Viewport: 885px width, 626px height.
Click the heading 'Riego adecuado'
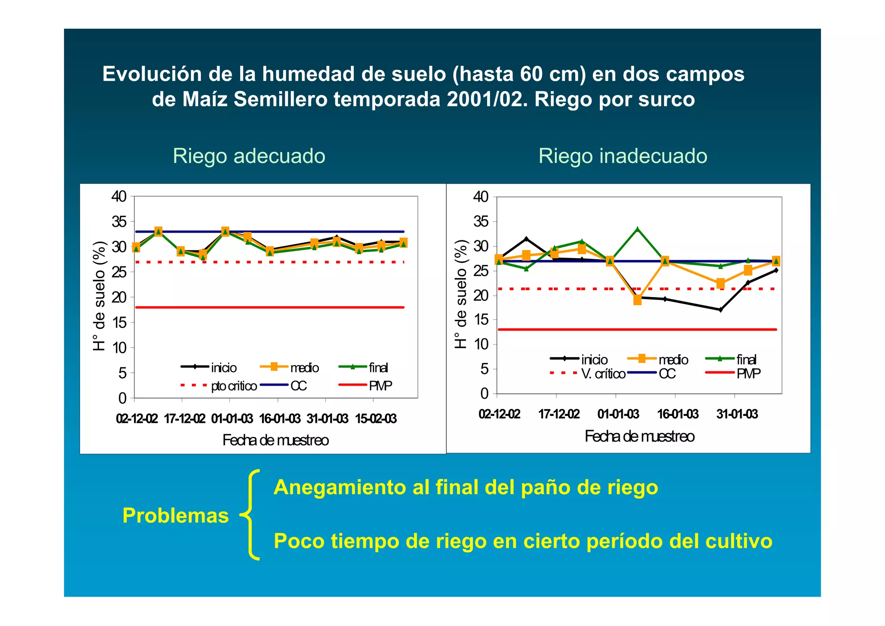coord(249,156)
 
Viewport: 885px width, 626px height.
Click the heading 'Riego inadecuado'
coord(623,156)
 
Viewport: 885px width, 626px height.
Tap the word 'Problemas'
coord(175,515)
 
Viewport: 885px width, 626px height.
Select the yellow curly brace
coord(251,514)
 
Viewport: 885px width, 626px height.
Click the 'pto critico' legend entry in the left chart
coord(234,386)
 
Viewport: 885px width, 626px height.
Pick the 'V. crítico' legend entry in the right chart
coord(603,374)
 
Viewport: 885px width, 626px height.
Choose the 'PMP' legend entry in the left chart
coord(380,386)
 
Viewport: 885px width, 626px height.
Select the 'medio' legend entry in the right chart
coord(673,360)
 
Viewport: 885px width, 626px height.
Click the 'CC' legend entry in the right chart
coord(667,374)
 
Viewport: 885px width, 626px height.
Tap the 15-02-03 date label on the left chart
coord(376,418)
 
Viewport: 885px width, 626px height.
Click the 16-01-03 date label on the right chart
coord(678,414)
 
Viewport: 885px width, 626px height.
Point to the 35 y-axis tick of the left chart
coord(119,222)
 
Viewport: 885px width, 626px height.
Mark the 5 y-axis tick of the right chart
coord(484,369)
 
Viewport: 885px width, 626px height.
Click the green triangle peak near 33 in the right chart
coord(637,229)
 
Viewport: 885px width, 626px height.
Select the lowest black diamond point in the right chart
coord(720,310)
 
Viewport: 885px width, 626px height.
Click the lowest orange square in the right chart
coord(637,300)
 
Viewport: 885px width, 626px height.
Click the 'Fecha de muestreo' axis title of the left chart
coord(275,440)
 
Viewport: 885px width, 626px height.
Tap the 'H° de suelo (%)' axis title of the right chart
coord(462,294)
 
